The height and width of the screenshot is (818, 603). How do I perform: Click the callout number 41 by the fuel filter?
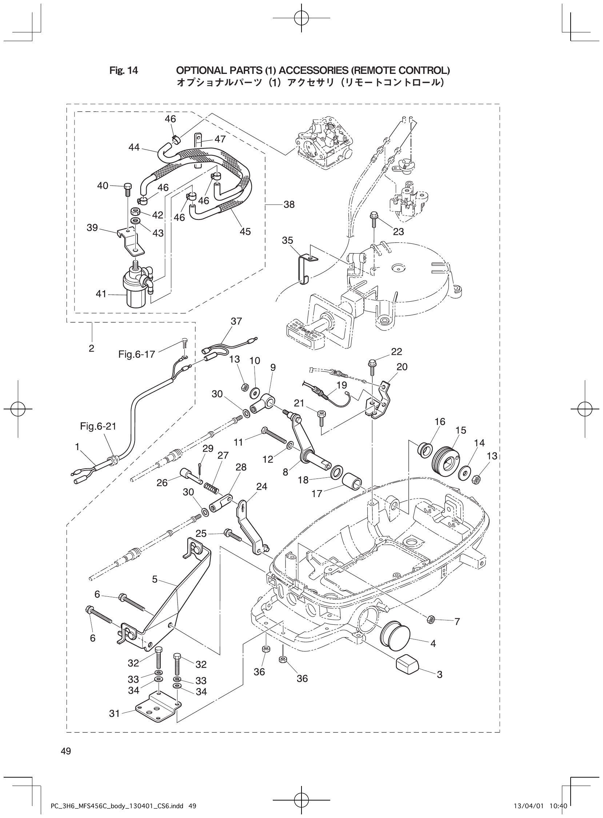click(101, 294)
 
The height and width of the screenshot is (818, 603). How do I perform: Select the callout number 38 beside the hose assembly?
click(289, 204)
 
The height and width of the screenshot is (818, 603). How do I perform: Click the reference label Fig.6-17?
click(136, 354)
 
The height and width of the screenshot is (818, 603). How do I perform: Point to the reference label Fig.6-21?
click(98, 426)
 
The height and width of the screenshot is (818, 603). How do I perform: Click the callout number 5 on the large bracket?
click(155, 579)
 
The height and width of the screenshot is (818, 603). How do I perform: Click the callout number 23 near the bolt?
click(398, 231)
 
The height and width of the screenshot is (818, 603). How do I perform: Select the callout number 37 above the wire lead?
click(236, 321)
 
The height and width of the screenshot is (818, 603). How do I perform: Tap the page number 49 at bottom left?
click(66, 751)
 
